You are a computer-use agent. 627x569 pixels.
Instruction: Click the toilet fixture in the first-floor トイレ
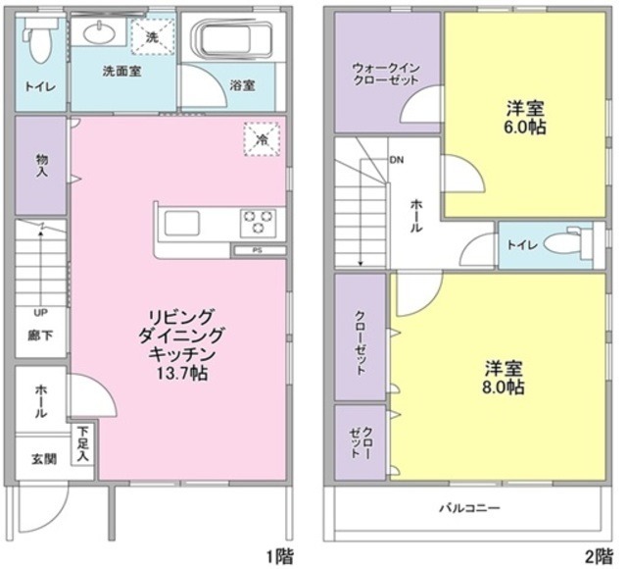coord(38,40)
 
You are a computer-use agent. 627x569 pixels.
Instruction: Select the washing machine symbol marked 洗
coord(152,36)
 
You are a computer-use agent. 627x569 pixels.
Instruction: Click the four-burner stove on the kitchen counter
coord(258,223)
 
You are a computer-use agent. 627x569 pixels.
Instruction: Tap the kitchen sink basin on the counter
coord(182,224)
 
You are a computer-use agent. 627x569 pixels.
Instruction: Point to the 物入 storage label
coord(42,165)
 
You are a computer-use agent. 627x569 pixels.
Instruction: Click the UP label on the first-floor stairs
coord(40,313)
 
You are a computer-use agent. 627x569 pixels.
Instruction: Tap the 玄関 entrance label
coord(42,458)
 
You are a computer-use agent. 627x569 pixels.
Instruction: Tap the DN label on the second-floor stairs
coord(397,159)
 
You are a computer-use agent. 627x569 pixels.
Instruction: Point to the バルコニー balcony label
coord(469,509)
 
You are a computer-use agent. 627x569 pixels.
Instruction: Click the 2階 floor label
coord(600,556)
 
